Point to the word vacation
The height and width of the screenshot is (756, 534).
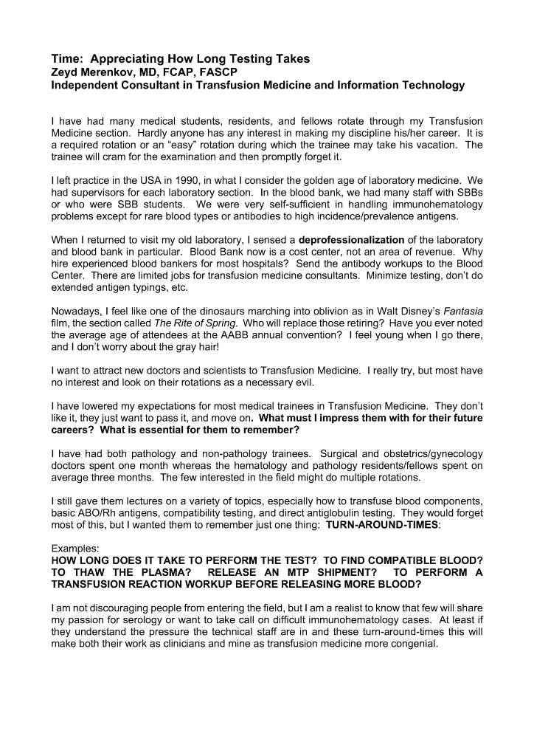(x=432, y=144)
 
